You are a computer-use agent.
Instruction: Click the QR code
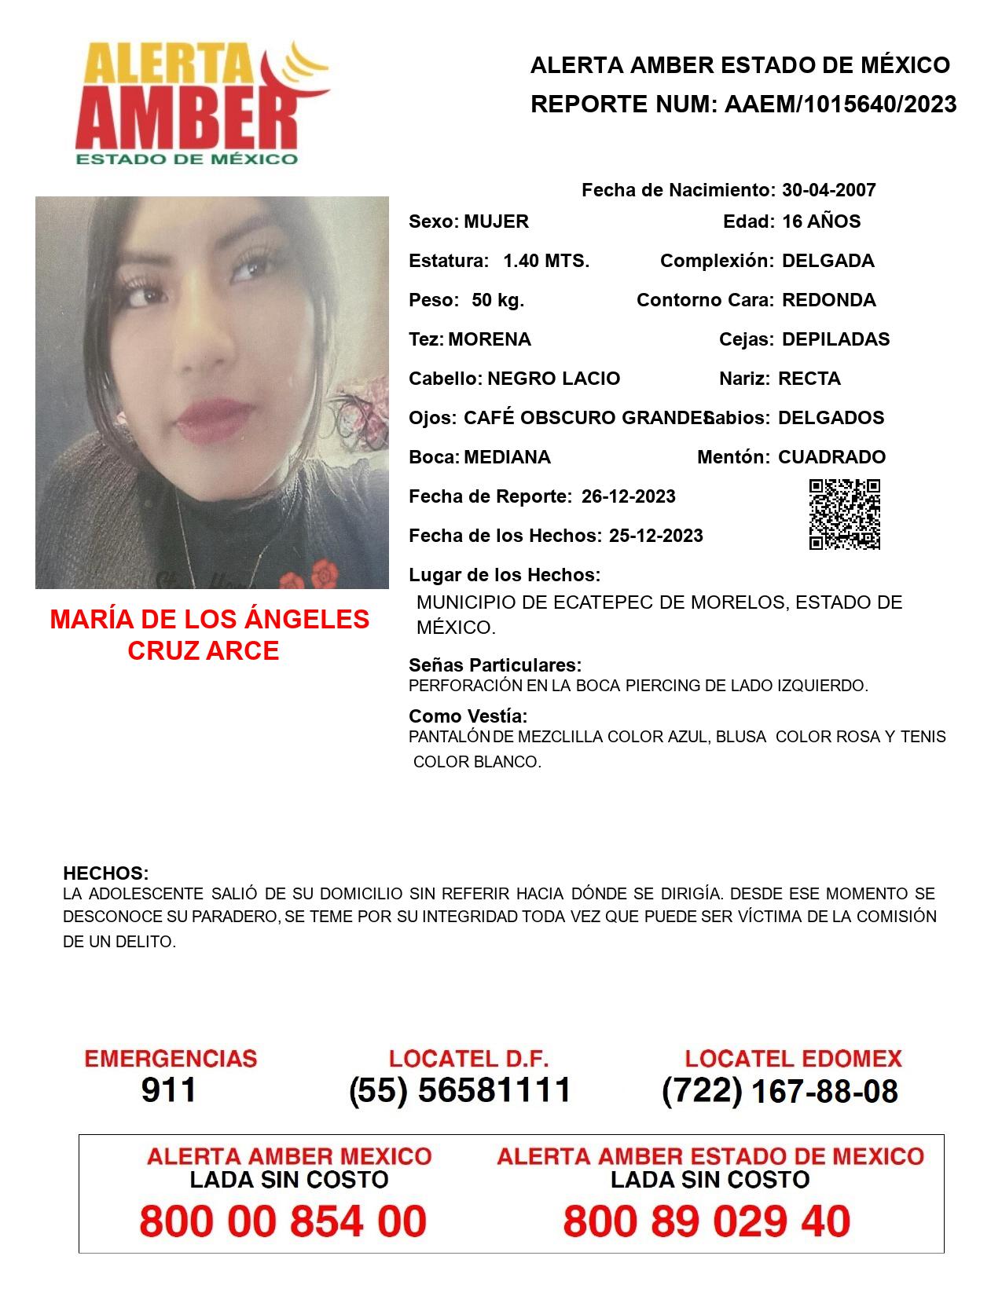(845, 514)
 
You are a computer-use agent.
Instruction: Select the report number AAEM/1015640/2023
(840, 104)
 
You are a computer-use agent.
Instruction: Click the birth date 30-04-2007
(828, 190)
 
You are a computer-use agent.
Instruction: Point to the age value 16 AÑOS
(821, 221)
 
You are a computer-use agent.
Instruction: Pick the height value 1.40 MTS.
(546, 261)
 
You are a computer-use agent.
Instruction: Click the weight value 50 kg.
(497, 300)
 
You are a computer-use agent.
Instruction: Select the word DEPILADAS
(835, 339)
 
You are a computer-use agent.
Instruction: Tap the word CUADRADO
(831, 457)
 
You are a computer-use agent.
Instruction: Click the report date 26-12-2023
(629, 496)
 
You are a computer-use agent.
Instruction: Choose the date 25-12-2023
(655, 536)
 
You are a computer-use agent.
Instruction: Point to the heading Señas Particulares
(495, 665)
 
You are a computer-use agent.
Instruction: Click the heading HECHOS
(105, 873)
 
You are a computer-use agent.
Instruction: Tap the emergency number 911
(169, 1090)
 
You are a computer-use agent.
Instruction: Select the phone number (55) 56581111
(460, 1090)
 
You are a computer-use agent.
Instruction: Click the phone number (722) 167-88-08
(780, 1091)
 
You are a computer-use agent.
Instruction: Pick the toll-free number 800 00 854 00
(283, 1221)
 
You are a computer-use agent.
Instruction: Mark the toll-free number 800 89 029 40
(707, 1221)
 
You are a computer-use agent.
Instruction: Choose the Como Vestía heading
(468, 716)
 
